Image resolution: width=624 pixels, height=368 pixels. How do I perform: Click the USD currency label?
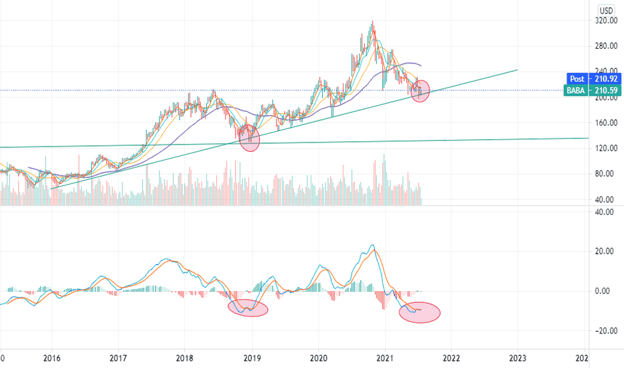[607, 10]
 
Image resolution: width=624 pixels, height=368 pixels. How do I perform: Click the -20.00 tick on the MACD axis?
[605, 331]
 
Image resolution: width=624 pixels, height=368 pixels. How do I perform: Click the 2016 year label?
[51, 358]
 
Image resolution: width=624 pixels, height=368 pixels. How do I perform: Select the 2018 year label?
[185, 358]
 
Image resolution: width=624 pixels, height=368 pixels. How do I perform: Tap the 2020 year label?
[318, 358]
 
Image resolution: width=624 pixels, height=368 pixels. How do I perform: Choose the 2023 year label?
[518, 358]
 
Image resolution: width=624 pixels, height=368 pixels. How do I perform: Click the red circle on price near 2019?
[249, 139]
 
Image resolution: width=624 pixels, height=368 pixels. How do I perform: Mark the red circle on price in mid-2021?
[420, 90]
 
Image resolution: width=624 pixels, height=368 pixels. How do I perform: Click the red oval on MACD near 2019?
[248, 308]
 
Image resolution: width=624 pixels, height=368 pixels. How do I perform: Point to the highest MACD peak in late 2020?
[372, 246]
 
